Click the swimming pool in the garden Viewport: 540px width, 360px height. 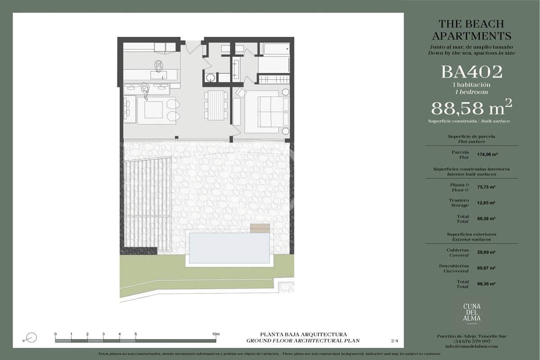point(229,248)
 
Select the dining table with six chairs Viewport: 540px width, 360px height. point(216,104)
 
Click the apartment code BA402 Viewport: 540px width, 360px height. point(472,72)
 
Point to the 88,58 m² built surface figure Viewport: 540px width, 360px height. point(472,108)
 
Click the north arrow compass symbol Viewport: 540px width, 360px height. point(31,337)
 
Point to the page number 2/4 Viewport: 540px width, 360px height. point(395,341)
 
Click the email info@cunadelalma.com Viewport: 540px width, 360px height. point(472,346)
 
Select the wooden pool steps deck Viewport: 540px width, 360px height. point(261,228)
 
